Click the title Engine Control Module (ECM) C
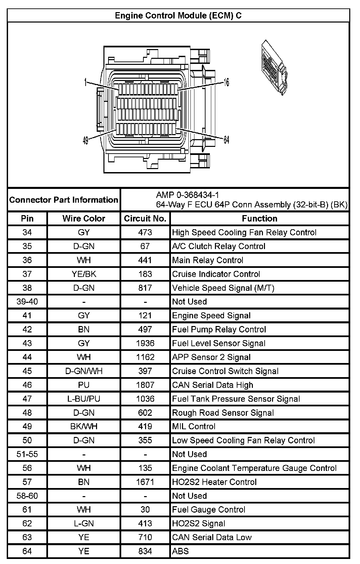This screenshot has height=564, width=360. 178,16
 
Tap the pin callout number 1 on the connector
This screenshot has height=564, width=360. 86,82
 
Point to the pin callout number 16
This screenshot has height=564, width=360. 226,82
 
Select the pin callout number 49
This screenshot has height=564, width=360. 86,140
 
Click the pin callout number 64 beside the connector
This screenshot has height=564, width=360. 226,140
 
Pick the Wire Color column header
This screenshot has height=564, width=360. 84,219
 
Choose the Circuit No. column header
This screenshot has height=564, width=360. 145,219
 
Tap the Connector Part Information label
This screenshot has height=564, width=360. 64,200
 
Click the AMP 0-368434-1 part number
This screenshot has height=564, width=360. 187,195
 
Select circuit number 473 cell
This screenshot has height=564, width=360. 145,233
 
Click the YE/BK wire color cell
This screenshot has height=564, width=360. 84,274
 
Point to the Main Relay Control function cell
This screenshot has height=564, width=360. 208,260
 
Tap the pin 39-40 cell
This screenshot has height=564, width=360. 27,302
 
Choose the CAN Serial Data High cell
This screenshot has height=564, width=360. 213,385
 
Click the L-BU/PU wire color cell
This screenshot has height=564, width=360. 84,399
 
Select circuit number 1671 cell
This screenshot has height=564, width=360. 145,482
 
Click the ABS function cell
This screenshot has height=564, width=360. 180,552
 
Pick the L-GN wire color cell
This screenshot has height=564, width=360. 84,524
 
